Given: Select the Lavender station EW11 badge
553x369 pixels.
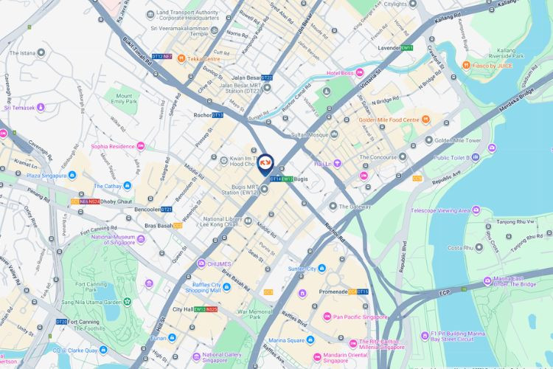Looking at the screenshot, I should click(407, 48).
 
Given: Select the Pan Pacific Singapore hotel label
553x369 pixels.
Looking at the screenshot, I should click(360, 317).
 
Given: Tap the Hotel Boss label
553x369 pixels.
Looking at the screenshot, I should click(341, 73).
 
